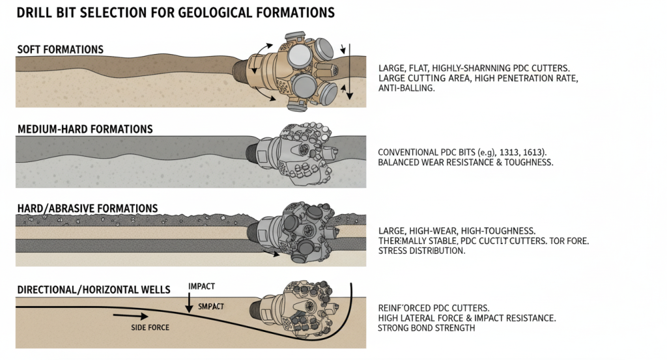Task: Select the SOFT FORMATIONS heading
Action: point(60,50)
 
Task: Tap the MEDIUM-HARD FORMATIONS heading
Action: point(85,130)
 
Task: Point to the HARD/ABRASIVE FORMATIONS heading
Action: point(87,209)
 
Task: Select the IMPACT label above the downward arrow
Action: point(201,286)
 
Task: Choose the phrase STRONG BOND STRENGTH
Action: point(427,329)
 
